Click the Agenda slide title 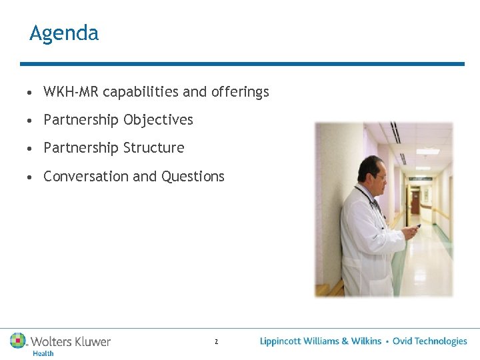coord(64,33)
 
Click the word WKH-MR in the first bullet coord(71,92)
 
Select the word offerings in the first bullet coord(240,92)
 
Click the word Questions coord(193,177)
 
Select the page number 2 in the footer coord(216,342)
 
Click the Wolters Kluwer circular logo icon coord(18,341)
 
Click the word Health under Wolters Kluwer coord(43,353)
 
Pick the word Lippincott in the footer coord(280,341)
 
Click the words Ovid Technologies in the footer coord(429,341)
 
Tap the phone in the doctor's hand coord(416,227)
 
